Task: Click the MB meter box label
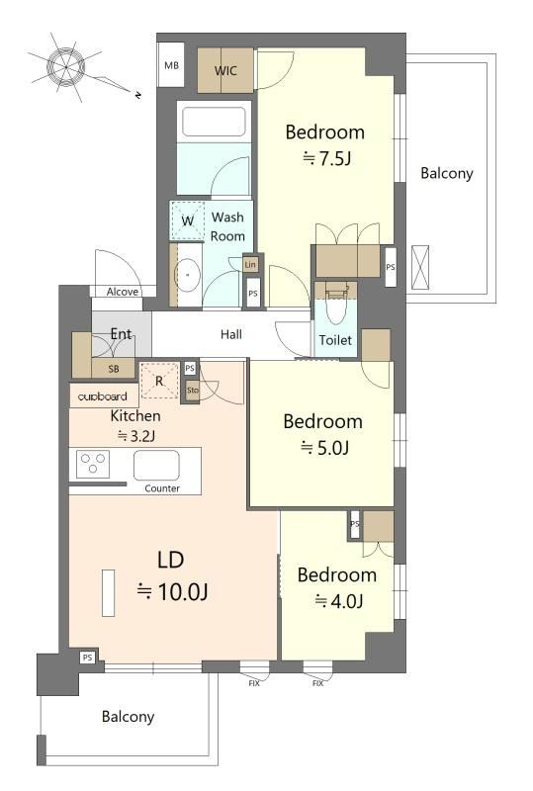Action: tap(172, 65)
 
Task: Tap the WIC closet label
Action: tap(225, 70)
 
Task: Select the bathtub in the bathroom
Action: tap(214, 122)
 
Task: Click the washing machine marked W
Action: tap(187, 220)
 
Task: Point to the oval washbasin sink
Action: tap(187, 275)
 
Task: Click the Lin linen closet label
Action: tap(250, 264)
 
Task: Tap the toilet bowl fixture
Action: tap(336, 306)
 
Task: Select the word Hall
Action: tap(231, 334)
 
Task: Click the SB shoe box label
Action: tap(114, 369)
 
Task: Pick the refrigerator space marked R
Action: tap(159, 381)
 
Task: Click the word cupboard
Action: tap(103, 396)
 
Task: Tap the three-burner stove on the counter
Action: tap(93, 464)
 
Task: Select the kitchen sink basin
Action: tap(156, 465)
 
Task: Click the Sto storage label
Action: tap(193, 390)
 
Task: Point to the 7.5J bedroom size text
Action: tap(326, 158)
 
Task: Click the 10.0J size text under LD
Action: tap(173, 591)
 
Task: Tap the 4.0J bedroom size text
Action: tap(339, 601)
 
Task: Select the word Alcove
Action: tap(123, 292)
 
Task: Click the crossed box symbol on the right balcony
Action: tap(420, 267)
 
